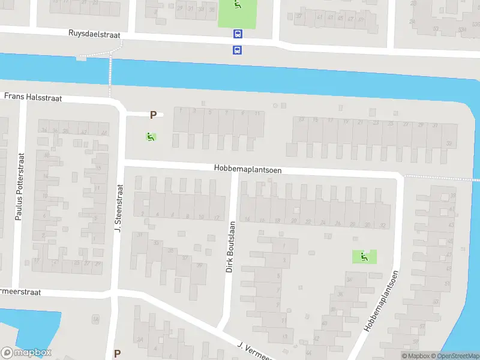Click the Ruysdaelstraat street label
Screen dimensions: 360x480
(95, 35)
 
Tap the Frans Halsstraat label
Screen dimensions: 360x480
(33, 96)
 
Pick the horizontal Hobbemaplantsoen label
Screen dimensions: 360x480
(247, 170)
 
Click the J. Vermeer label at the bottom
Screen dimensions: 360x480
(256, 352)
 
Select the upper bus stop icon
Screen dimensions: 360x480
(238, 35)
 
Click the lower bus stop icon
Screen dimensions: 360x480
(238, 50)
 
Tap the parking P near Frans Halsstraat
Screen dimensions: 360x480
(153, 115)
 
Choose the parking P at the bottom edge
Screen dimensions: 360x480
(117, 353)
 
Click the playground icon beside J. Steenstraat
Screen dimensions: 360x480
(150, 137)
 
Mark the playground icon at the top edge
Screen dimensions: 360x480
(238, 5)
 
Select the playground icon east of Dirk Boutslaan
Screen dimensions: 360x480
(364, 257)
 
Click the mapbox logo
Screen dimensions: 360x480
(26, 353)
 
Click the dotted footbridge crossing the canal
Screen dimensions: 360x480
(110, 75)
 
